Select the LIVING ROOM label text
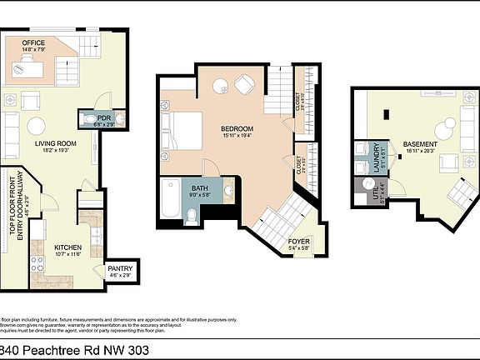[x=55, y=143]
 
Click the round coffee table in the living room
[x=37, y=126]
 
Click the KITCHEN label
[x=68, y=248]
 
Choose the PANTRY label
[x=120, y=269]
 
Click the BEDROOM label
[x=237, y=129]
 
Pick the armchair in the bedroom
[x=245, y=83]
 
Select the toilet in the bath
[x=191, y=217]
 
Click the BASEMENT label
[x=421, y=143]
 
